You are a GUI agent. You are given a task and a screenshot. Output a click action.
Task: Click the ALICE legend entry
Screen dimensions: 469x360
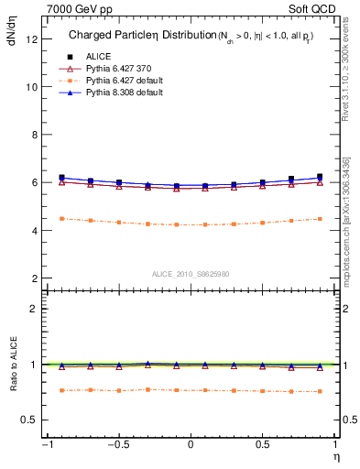(93, 55)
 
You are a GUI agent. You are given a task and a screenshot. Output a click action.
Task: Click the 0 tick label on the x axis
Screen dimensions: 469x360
(191, 445)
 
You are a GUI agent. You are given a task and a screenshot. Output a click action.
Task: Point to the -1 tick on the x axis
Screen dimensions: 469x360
(45, 445)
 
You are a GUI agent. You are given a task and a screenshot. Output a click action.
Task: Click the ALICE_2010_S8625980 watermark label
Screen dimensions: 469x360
(190, 273)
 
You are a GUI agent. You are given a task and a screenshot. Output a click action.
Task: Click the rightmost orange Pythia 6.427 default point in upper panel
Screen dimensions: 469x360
(320, 219)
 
